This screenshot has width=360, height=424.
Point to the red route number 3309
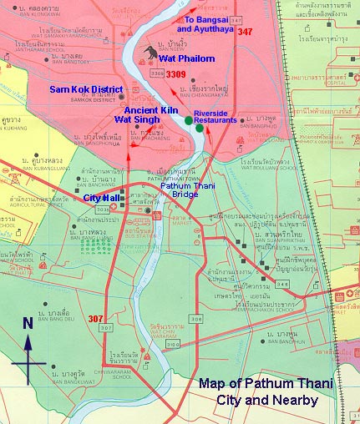point(175,75)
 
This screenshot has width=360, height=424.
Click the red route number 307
point(95,318)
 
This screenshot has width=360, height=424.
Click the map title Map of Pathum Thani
point(265,384)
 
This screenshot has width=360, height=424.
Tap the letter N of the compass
point(28,322)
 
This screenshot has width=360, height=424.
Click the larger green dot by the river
point(190,122)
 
